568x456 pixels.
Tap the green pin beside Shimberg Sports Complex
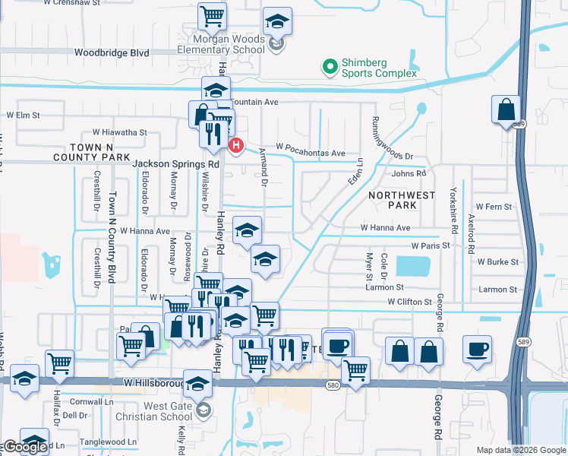pos(330,67)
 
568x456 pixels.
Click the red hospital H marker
pos(237,144)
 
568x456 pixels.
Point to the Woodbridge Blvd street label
pos(112,53)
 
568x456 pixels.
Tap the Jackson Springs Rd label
pos(175,163)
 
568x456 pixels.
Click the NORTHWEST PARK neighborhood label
pos(402,200)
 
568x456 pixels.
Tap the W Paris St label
pos(431,245)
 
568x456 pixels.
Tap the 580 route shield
pos(333,385)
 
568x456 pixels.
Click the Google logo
pos(24,448)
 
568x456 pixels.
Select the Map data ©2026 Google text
pos(521,450)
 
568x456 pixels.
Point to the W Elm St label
pos(23,115)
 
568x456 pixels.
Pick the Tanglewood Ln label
pos(110,442)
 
